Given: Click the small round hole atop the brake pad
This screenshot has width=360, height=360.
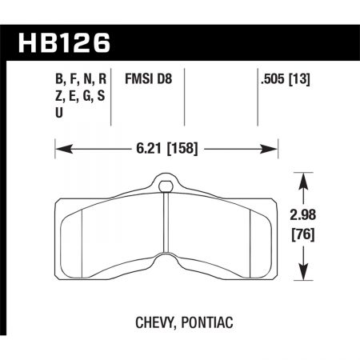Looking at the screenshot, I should click(x=166, y=188).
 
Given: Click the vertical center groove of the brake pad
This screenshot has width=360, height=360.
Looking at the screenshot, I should click(x=166, y=228).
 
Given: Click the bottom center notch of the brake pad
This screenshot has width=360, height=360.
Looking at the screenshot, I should click(x=166, y=262).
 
